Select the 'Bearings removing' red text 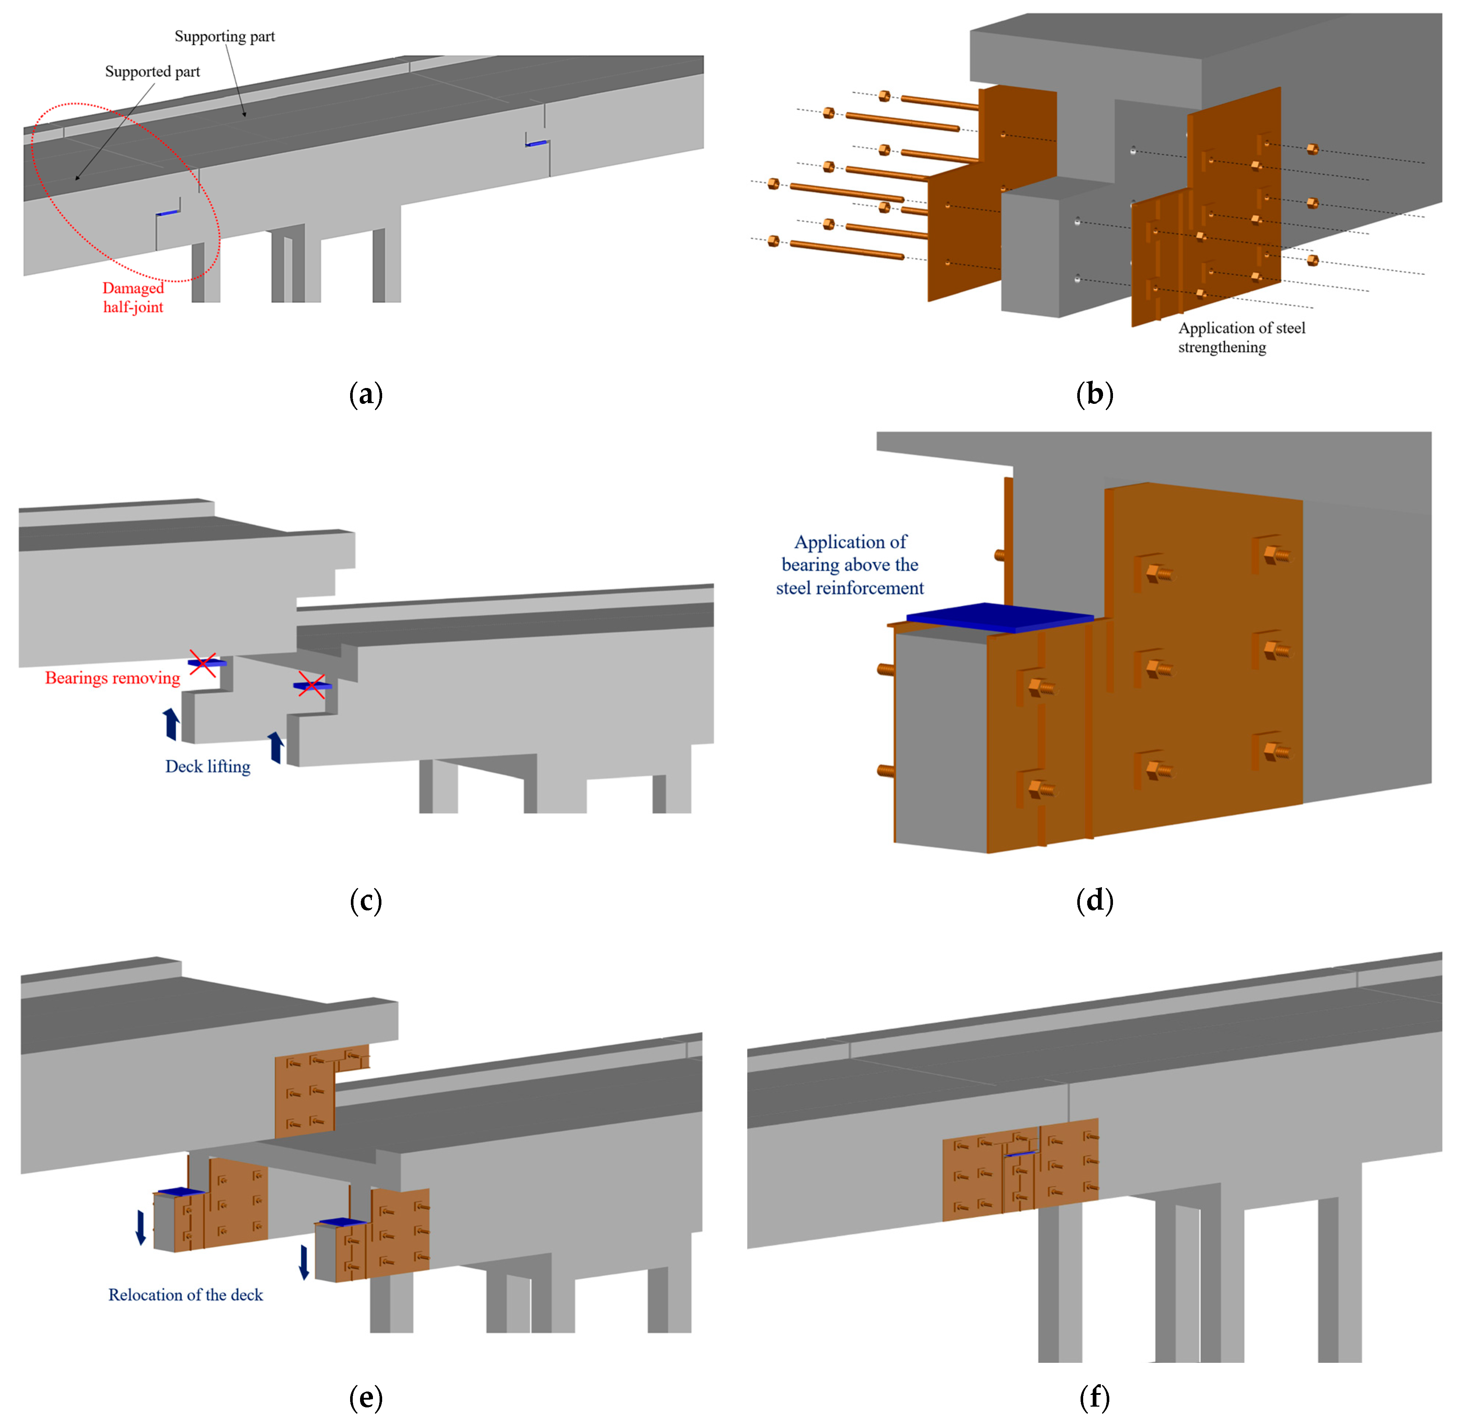point(113,678)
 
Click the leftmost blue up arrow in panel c point(172,724)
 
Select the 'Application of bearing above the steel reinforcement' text point(850,565)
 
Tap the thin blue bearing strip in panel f point(1021,1153)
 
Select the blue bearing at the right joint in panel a point(536,142)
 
